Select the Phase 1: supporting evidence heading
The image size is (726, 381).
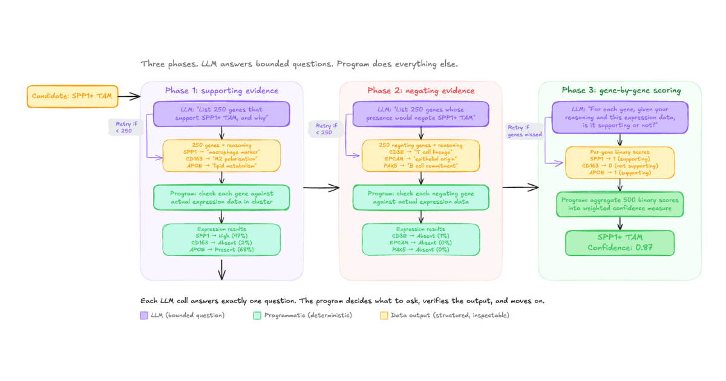coord(221,91)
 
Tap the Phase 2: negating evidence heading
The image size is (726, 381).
coord(420,91)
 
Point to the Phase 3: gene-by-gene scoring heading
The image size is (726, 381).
coord(621,91)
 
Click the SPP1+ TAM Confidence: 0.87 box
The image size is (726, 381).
coord(620,243)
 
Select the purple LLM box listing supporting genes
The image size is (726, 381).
coord(221,114)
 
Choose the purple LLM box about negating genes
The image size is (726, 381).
coord(420,114)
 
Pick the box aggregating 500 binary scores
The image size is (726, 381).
coord(620,204)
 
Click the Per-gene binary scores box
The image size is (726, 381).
coord(620,161)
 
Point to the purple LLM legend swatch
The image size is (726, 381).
coord(144,315)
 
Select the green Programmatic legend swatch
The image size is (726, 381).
coord(257,315)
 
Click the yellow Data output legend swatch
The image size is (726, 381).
coord(384,315)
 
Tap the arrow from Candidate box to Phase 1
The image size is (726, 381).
coord(128,96)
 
